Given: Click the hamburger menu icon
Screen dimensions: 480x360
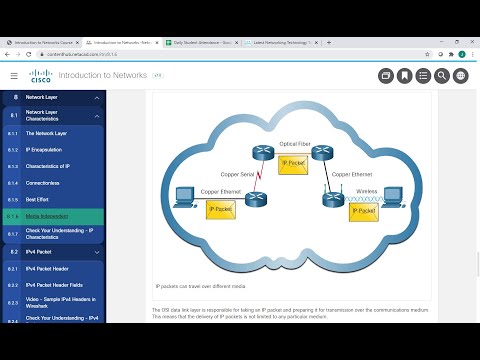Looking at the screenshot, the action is (x=13, y=75).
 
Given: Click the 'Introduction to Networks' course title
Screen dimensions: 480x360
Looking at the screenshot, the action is (x=103, y=75).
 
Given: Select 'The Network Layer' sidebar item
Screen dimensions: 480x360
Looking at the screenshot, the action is (x=47, y=132).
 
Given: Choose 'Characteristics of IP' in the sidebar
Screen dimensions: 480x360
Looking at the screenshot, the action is (x=51, y=166).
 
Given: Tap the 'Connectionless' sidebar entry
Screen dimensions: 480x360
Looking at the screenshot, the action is (x=43, y=183).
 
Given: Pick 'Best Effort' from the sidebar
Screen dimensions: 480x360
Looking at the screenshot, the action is (x=40, y=200).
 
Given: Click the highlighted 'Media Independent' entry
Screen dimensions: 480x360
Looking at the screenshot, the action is (x=48, y=216).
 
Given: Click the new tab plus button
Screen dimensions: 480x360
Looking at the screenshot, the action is (x=329, y=43).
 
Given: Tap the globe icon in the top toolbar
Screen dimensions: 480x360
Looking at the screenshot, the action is (x=460, y=75).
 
